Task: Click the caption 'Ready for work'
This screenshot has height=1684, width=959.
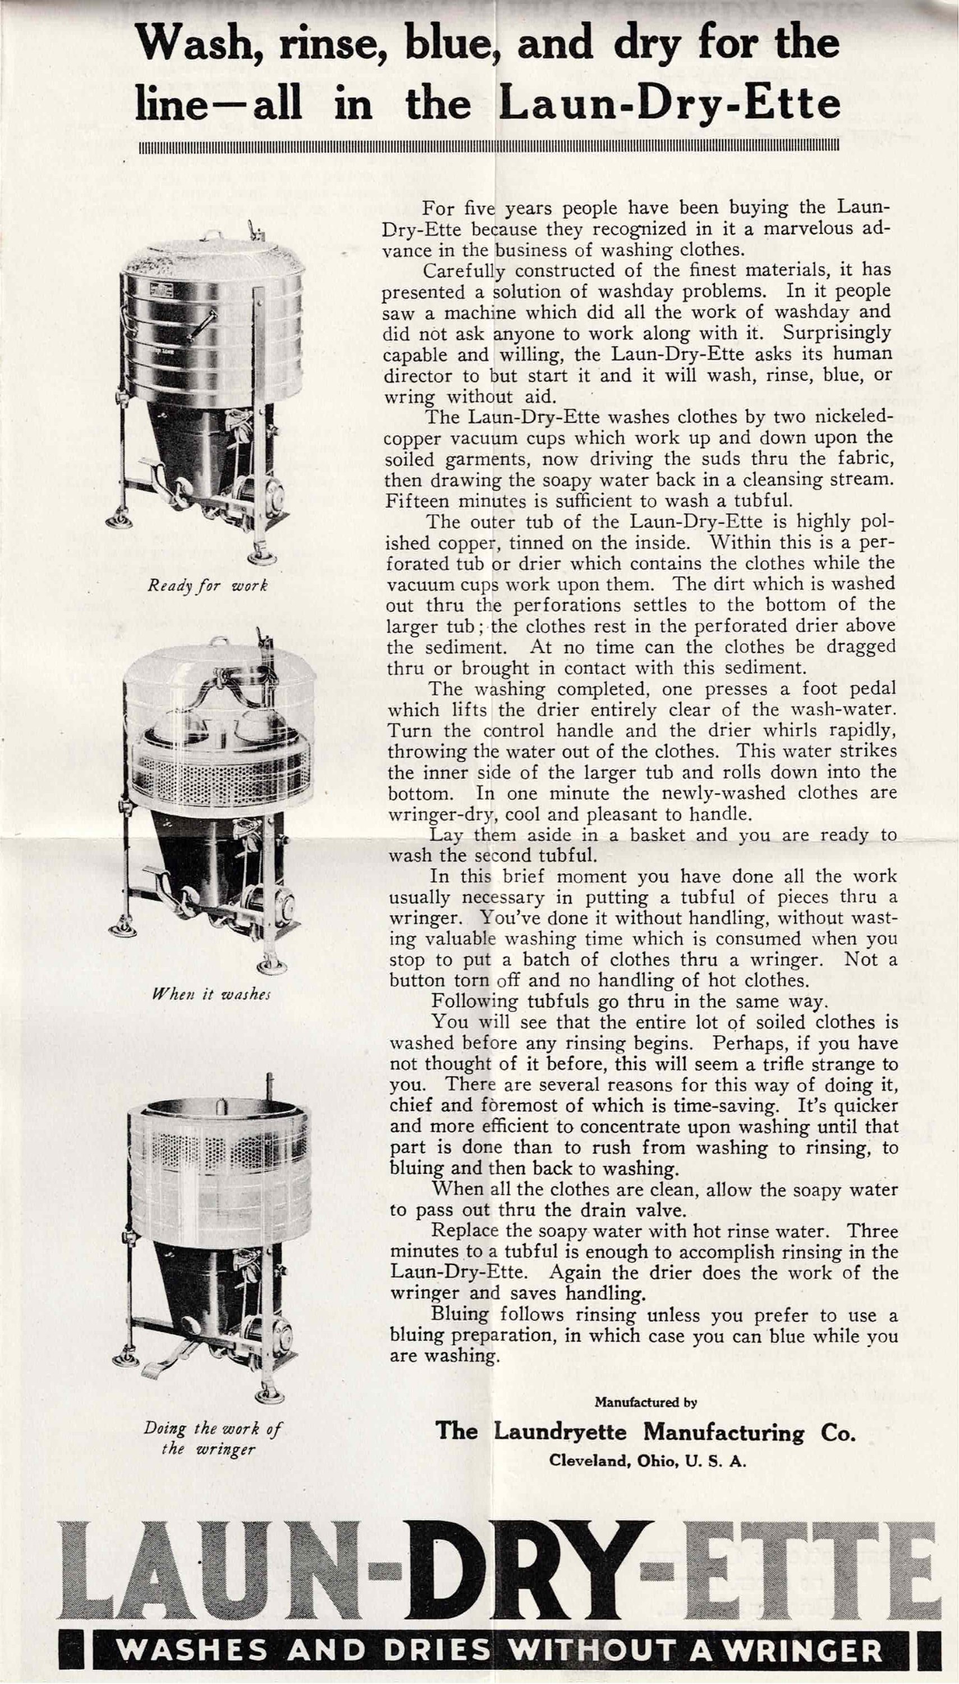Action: pos(208,585)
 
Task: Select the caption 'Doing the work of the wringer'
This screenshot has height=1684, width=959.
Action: pos(212,1438)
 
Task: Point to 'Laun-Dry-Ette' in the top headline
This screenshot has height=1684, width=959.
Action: pos(669,104)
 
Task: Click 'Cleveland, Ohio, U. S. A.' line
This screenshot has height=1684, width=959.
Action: pos(647,1456)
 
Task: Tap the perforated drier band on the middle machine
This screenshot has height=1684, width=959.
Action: pos(217,771)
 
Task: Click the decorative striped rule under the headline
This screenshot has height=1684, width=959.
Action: pos(489,145)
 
